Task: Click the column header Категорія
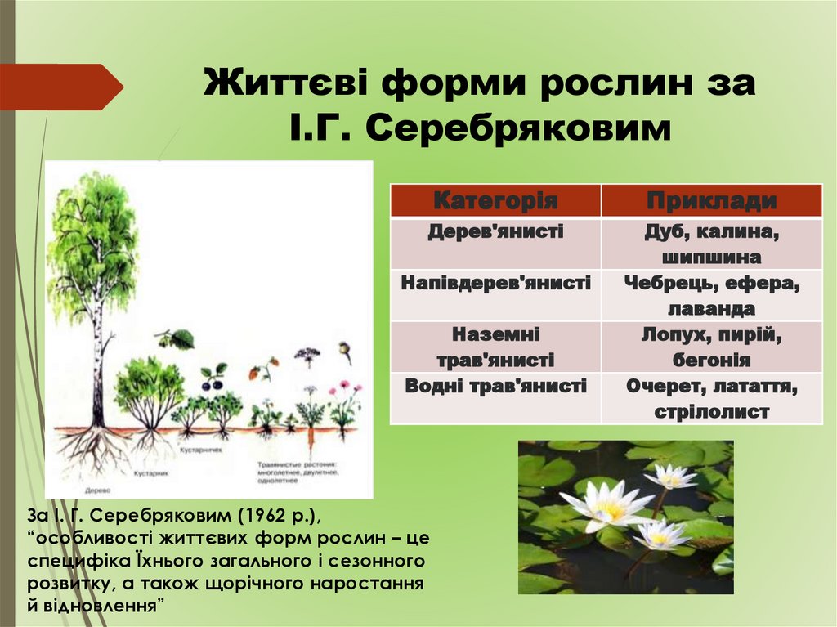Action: click(x=495, y=201)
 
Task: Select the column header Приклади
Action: click(x=711, y=201)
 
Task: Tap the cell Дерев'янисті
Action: click(x=495, y=232)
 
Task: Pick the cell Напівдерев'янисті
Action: click(x=495, y=284)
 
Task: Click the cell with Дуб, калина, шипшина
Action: click(x=711, y=244)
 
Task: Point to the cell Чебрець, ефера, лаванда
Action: click(x=711, y=295)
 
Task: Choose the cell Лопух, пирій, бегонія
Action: click(x=711, y=347)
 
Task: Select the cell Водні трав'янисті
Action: click(x=495, y=386)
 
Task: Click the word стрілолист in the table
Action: click(x=711, y=411)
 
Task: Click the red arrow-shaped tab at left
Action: click(x=57, y=87)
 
